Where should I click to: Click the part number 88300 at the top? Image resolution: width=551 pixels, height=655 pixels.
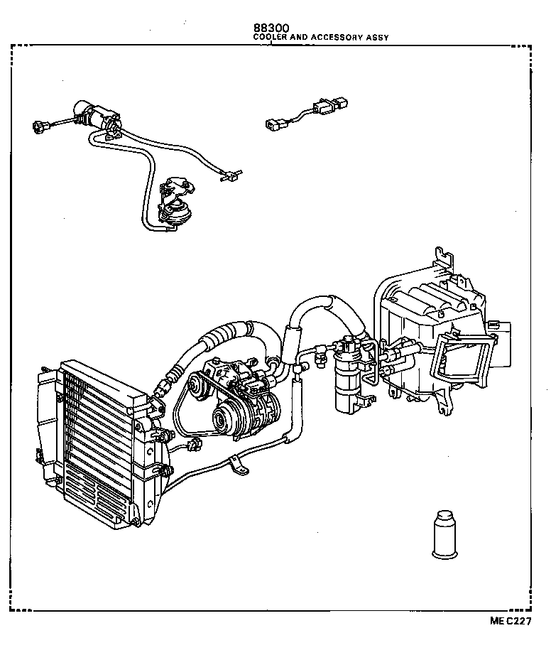point(271,29)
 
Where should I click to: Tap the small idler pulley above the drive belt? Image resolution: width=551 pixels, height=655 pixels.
point(191,388)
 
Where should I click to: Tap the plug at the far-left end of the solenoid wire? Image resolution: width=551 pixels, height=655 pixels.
point(40,128)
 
